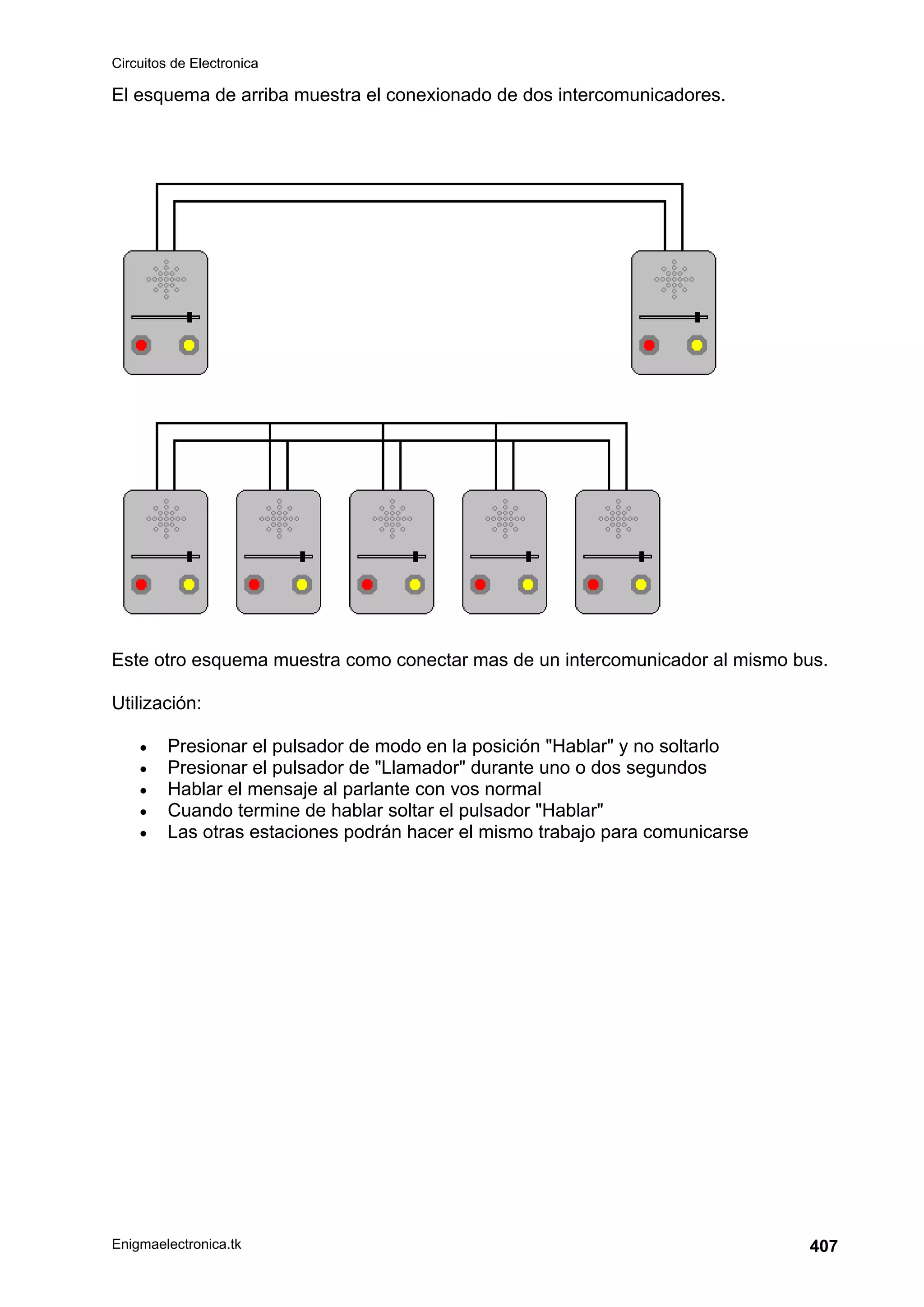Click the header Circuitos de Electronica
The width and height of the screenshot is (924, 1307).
185,63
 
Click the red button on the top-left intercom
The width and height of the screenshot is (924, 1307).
141,346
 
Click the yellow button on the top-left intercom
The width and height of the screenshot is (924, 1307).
189,346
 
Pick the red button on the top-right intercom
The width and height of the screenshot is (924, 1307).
649,346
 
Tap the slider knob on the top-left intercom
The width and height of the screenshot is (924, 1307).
189,317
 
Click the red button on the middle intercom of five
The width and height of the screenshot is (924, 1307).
367,585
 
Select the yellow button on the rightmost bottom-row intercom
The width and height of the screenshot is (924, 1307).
641,585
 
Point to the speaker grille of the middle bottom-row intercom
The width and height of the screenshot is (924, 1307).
392,518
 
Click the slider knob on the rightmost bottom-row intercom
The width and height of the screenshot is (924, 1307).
642,556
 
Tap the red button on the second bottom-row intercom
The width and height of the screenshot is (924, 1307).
254,585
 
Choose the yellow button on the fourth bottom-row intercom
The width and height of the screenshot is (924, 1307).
528,585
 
